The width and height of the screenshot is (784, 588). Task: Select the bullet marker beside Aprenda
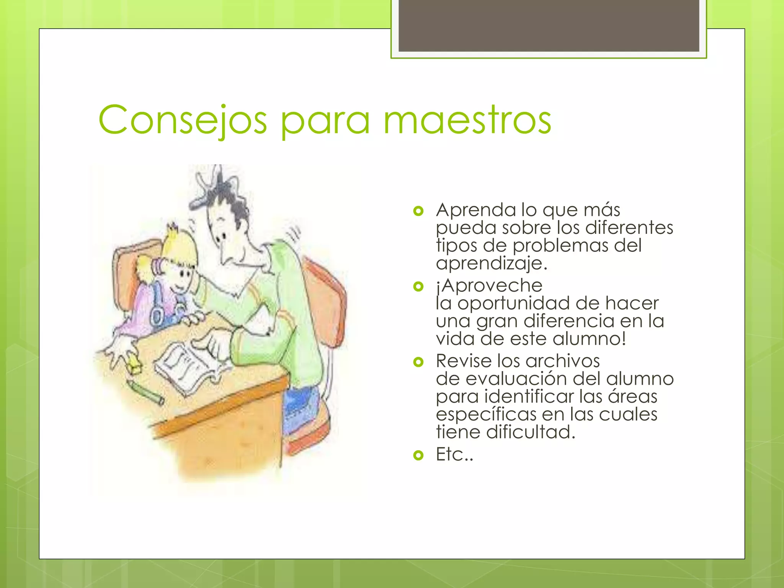(x=418, y=211)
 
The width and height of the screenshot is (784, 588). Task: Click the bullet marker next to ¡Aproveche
(x=418, y=286)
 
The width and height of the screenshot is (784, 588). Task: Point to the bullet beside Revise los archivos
(x=418, y=362)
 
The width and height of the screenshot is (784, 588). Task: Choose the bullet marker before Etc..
(x=418, y=455)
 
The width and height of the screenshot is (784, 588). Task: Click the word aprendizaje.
(x=492, y=263)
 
